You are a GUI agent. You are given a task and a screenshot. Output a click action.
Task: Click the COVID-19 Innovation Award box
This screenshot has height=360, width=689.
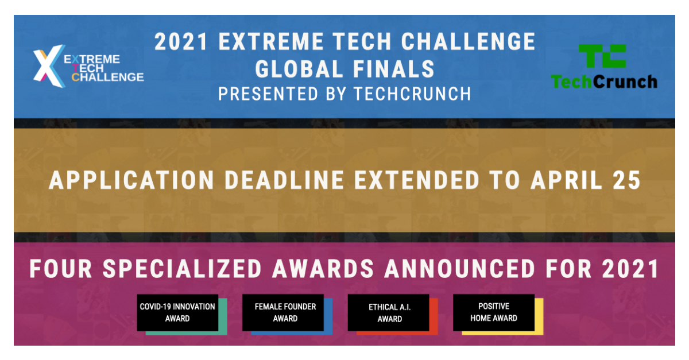click(177, 312)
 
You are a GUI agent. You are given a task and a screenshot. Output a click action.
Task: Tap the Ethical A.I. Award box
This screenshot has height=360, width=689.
click(389, 313)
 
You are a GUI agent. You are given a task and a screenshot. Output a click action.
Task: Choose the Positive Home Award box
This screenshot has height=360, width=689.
click(494, 312)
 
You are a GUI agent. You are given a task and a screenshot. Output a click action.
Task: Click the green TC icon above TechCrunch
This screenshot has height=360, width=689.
click(602, 57)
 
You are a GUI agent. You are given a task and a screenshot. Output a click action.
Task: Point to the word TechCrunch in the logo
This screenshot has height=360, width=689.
click(604, 82)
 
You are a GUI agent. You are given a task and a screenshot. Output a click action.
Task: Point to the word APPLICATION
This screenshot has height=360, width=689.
click(132, 180)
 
